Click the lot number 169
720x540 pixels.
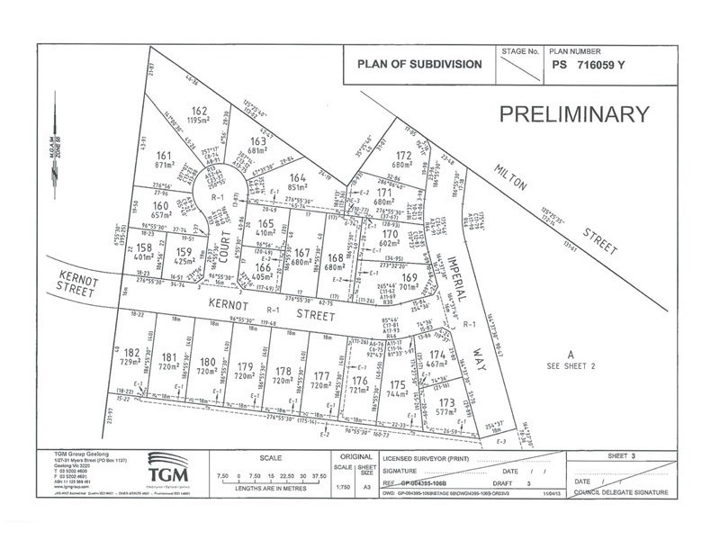409,279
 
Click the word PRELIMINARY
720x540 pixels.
573,114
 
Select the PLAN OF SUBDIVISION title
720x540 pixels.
419,64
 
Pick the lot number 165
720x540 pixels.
265,223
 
